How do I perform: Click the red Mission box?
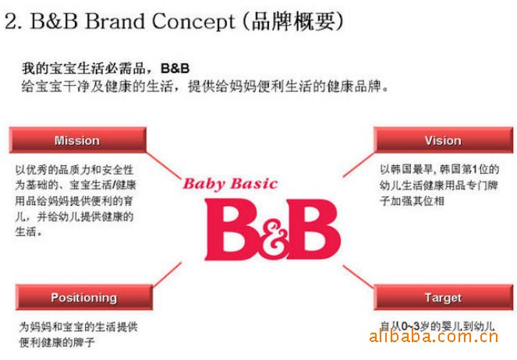pyautogui.click(x=77, y=140)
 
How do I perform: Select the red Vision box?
pyautogui.click(x=443, y=140)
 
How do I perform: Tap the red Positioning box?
pyautogui.click(x=84, y=297)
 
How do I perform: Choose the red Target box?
pyautogui.click(x=443, y=297)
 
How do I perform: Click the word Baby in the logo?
pyautogui.click(x=204, y=184)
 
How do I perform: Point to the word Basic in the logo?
pyautogui.click(x=254, y=183)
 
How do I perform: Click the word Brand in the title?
pyautogui.click(x=115, y=21)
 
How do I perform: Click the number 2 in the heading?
pyautogui.click(x=12, y=22)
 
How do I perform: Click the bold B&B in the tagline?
pyautogui.click(x=175, y=68)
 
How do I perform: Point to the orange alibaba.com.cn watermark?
pyautogui.click(x=434, y=337)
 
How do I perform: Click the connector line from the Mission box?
pyautogui.click(x=164, y=165)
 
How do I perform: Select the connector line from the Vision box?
pyautogui.click(x=359, y=164)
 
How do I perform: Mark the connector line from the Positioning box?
pyautogui.click(x=167, y=274)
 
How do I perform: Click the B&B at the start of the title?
pyautogui.click(x=54, y=21)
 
